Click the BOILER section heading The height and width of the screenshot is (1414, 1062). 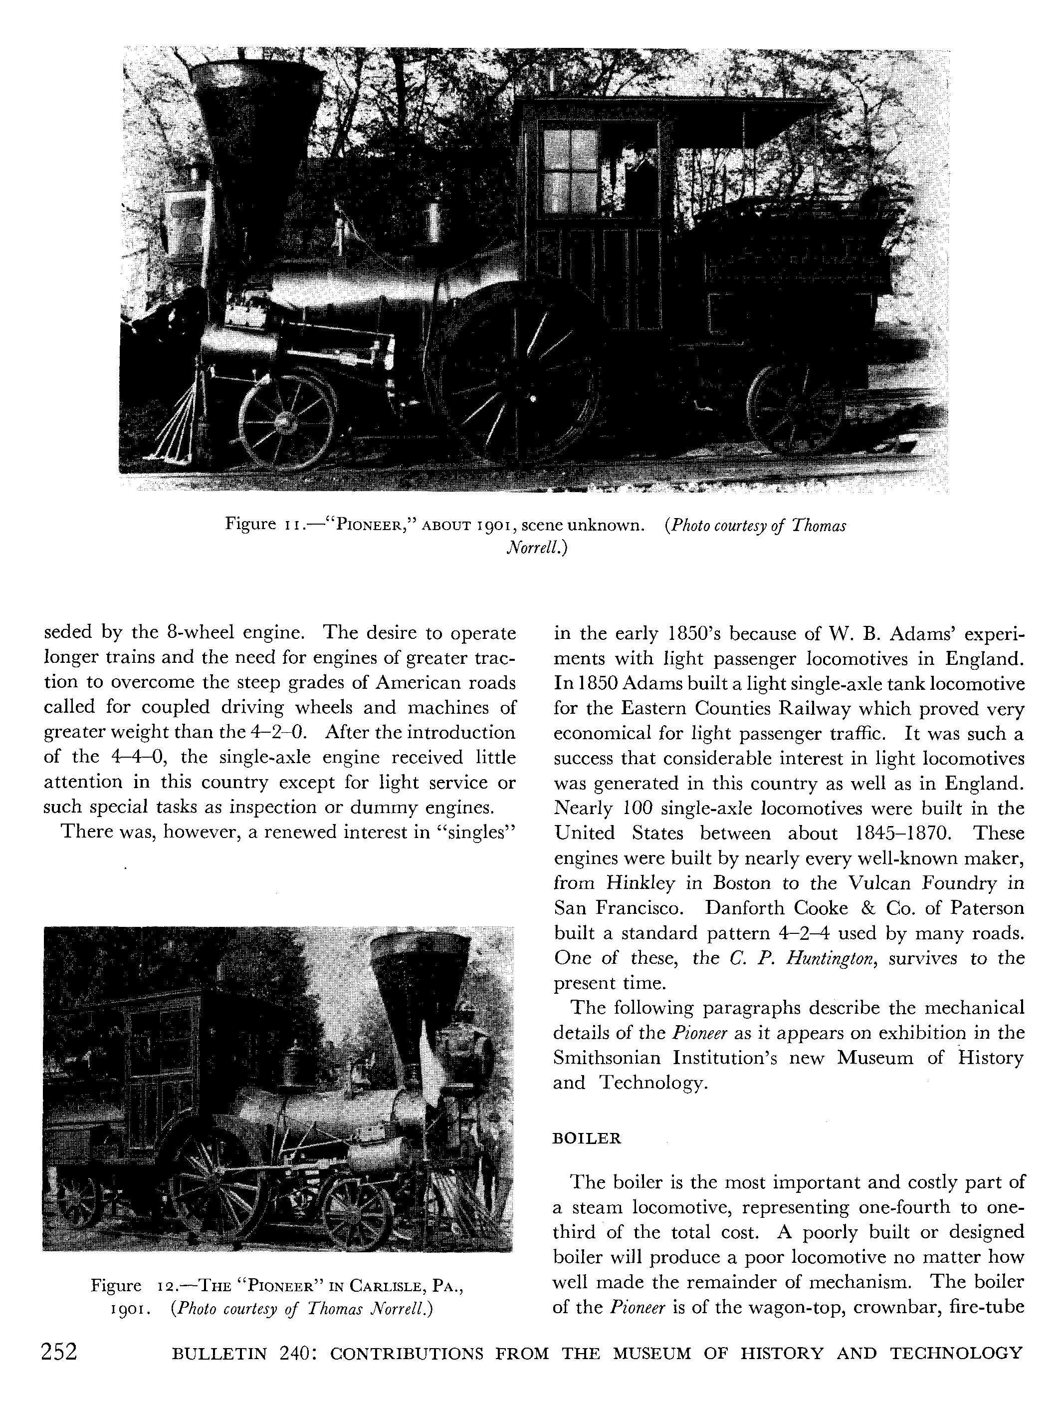tap(587, 1138)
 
